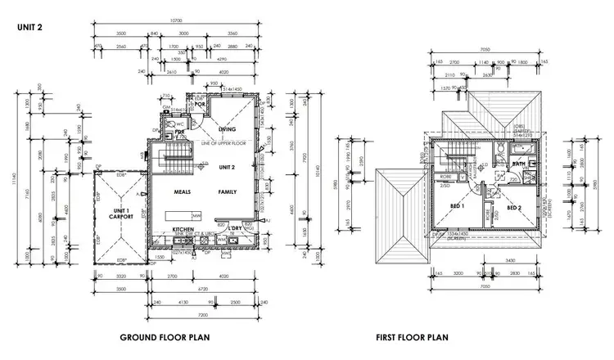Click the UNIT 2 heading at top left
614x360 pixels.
click(29, 27)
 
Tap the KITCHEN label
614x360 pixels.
click(183, 229)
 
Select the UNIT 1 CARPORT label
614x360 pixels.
click(121, 214)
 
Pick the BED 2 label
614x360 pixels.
click(514, 208)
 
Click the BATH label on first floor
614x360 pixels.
click(518, 164)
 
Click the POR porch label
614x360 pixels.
click(199, 104)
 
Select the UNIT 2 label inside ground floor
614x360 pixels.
click(227, 167)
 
